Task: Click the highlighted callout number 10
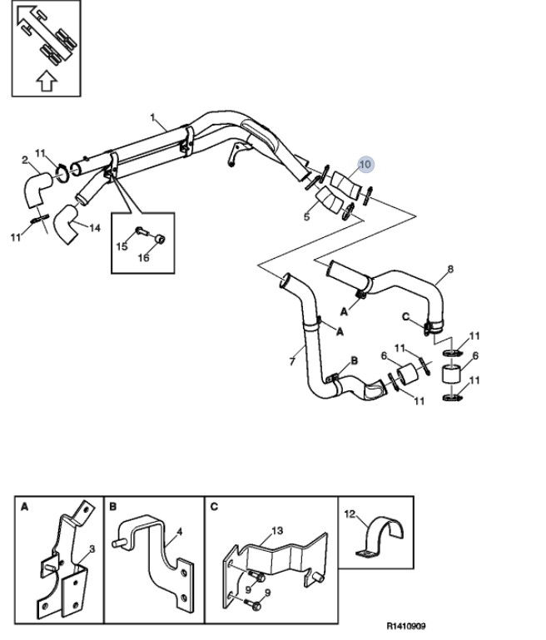pos(365,164)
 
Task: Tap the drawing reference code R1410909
pos(406,626)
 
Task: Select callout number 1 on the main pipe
pos(152,117)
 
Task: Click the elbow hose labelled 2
pos(36,190)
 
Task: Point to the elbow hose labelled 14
pos(65,224)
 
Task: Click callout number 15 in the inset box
pos(122,246)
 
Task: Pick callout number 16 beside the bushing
pos(144,257)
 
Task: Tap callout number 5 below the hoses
pos(307,216)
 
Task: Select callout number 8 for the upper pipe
pos(450,269)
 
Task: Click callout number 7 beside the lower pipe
pos(292,361)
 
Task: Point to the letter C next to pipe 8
pos(405,317)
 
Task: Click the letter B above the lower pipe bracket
pos(355,360)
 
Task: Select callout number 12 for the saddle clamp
pos(350,513)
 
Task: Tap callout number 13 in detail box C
pos(277,531)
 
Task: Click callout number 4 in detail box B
pos(180,532)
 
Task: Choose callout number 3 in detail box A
pos(92,549)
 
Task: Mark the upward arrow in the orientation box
pos(47,81)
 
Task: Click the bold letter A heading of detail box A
pos(24,507)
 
